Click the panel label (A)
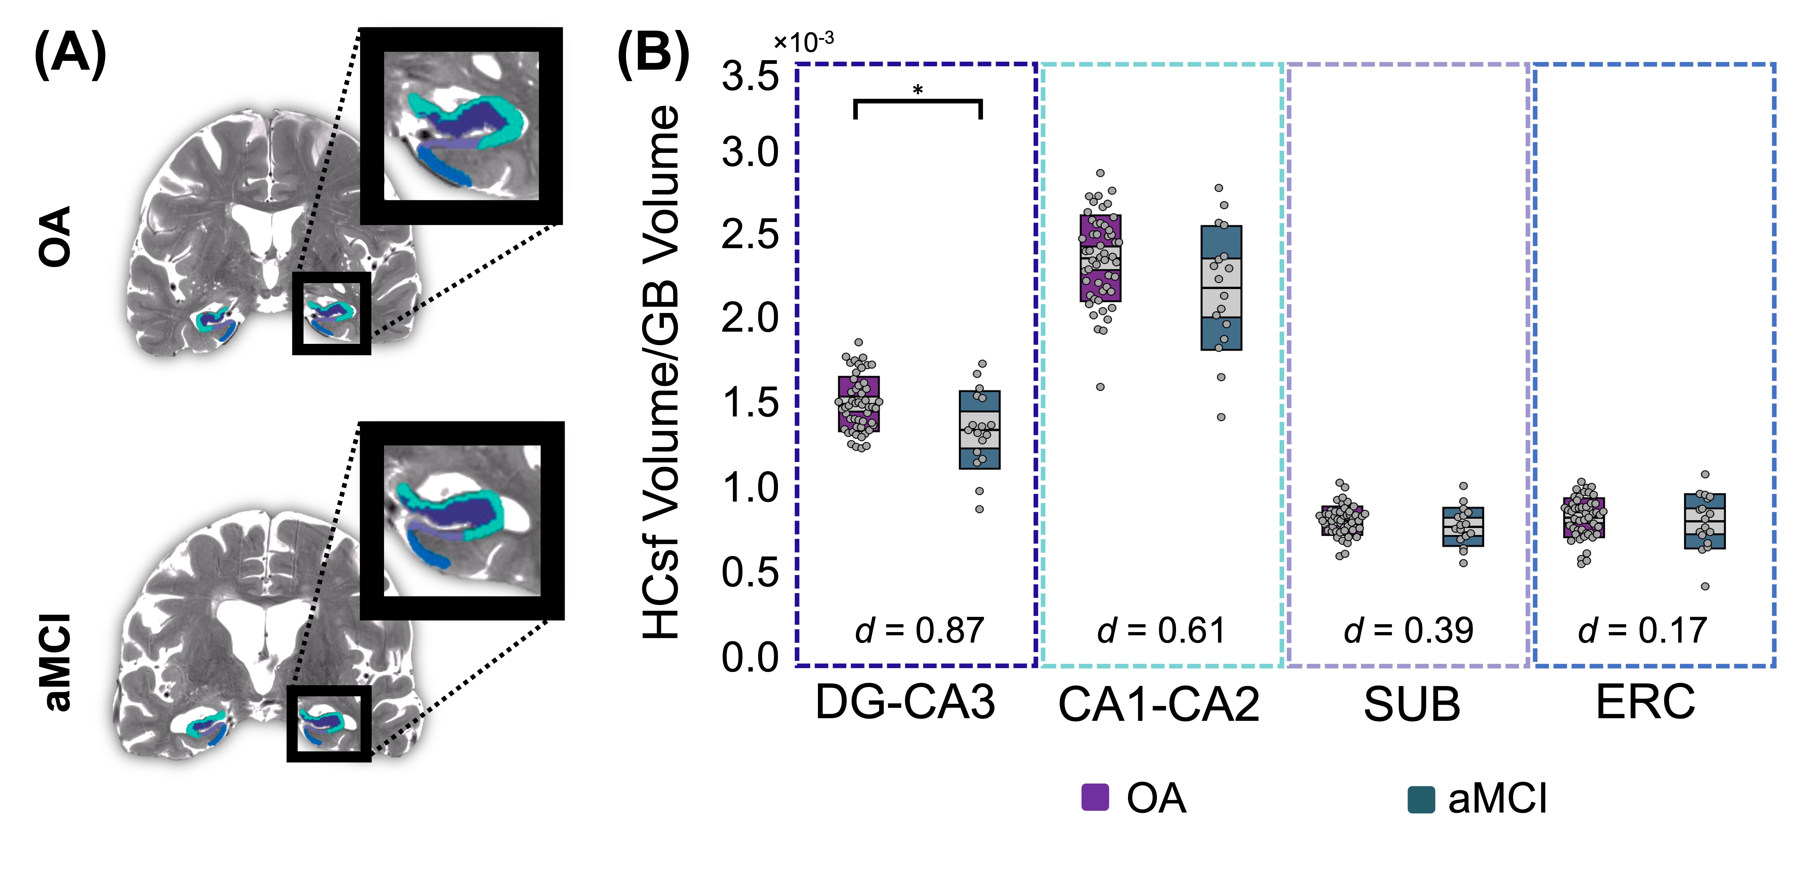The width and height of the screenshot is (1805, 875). pyautogui.click(x=70, y=55)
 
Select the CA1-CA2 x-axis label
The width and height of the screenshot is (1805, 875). pyautogui.click(x=1158, y=704)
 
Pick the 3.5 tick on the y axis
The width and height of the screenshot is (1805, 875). pyautogui.click(x=750, y=76)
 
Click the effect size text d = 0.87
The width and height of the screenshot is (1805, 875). pyautogui.click(x=919, y=629)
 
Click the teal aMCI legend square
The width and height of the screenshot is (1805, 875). pyautogui.click(x=1420, y=799)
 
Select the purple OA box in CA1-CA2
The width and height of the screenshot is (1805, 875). pyautogui.click(x=1100, y=258)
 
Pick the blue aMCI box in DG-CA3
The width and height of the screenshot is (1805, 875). pyautogui.click(x=979, y=429)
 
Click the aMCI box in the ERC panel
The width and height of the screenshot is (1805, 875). pyautogui.click(x=1704, y=521)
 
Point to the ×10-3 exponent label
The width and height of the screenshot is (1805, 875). pyautogui.click(x=804, y=42)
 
